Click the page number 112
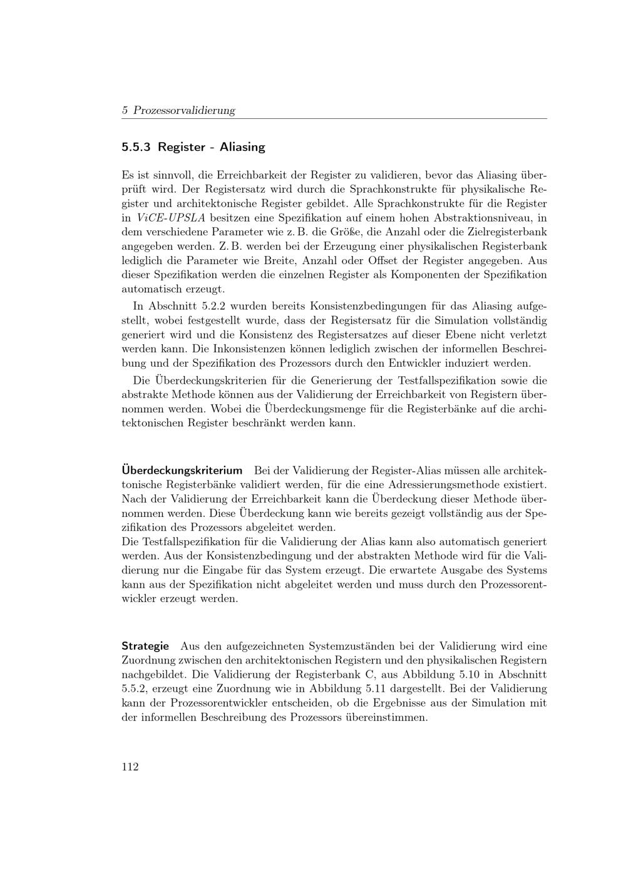click(130, 767)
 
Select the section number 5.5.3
click(136, 148)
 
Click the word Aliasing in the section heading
click(242, 148)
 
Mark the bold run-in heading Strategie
click(145, 647)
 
